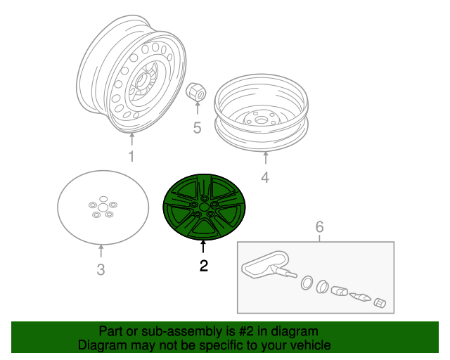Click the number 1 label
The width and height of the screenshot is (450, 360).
pos(131,156)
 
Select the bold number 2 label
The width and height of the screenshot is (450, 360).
pos(203,266)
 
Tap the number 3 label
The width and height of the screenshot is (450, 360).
pos(101,269)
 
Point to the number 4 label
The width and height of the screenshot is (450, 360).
pos(265,177)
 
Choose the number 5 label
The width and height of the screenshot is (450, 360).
pos(197,128)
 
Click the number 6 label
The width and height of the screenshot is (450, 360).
pos(319,226)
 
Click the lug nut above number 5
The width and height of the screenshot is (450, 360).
pos(195,91)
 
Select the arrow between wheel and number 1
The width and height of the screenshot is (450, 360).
pos(131,139)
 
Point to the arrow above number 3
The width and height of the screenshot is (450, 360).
pos(101,251)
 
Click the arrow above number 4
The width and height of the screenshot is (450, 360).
pos(265,159)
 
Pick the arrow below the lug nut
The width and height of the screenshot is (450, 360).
pos(197,110)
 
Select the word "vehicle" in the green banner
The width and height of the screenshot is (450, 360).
pos(310,345)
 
